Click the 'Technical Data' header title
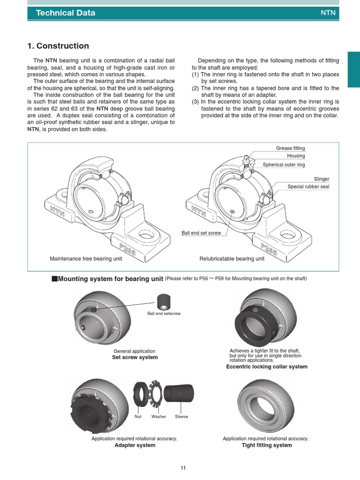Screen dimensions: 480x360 pos(66,13)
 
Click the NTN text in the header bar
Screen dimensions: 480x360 pos(328,13)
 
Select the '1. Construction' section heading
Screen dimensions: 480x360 pos(58,46)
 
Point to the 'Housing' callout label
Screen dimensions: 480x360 pos(296,156)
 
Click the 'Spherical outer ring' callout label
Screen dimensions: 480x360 pos(284,165)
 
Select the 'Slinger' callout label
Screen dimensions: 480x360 pos(322,179)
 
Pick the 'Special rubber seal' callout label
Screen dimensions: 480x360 pos(308,187)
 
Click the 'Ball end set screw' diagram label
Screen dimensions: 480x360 pos(201,233)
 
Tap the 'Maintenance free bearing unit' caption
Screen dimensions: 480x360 pos(86,259)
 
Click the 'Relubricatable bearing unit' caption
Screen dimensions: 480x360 pos(232,259)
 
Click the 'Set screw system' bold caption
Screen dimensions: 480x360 pos(135,358)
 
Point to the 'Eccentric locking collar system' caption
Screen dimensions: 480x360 pos(267,367)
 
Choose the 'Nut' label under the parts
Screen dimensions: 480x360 pos(138,416)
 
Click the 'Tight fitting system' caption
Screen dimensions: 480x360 pos(267,445)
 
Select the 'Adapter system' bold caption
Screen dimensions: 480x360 pos(135,445)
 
